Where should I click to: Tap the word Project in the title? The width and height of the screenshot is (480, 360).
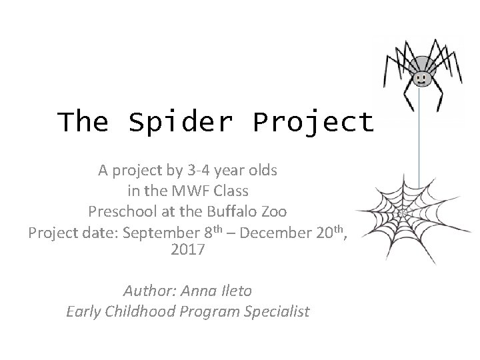(x=313, y=123)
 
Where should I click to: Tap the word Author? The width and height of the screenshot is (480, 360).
(x=149, y=291)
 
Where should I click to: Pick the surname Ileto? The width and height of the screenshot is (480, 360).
(x=233, y=291)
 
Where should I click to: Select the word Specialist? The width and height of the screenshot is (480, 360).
(x=278, y=312)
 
